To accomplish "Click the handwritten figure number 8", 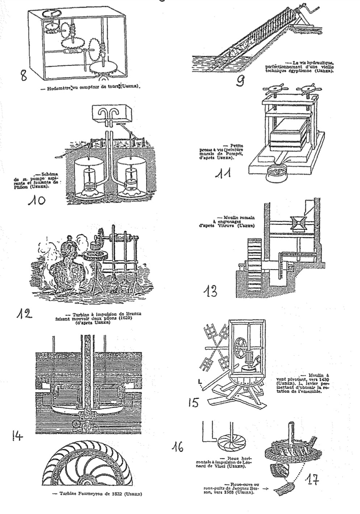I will tap(24, 76).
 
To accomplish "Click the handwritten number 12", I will tap(24, 314).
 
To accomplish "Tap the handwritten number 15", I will tap(193, 403).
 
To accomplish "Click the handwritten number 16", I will tap(177, 447).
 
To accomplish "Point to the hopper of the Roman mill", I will tap(296, 224).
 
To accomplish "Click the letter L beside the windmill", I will tap(200, 381).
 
